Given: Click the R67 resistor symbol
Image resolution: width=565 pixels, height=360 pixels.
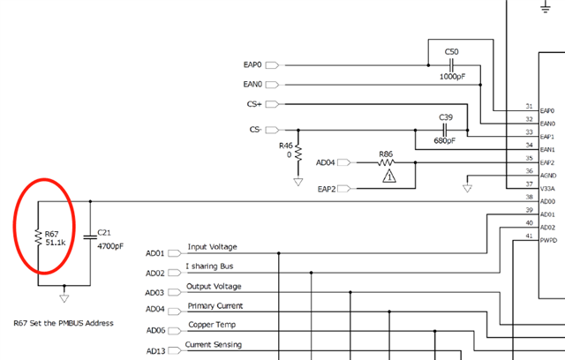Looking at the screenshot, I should coord(37,236).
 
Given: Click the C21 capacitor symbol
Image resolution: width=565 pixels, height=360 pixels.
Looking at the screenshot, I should coord(90,236).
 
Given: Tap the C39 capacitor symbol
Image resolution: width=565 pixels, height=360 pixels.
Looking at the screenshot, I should coord(446,130).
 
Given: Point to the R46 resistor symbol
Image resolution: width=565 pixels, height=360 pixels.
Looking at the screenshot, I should coord(298,151).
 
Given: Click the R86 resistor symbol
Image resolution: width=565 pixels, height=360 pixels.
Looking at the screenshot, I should coord(386,162).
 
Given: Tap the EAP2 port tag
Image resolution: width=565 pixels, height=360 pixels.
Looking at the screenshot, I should coord(345,189).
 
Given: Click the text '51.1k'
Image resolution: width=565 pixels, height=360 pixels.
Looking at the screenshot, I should coord(56,242).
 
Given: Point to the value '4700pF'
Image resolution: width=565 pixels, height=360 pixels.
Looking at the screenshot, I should coord(110,245).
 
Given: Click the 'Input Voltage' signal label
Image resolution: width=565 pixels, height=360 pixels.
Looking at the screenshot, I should coord(212,247).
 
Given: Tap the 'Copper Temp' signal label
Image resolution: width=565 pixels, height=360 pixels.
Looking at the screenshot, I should coord(211,326).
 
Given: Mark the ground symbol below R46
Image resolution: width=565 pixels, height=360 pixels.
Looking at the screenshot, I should coord(298,182).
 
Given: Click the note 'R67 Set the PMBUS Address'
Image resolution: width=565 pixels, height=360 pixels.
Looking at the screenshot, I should coord(64,323).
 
